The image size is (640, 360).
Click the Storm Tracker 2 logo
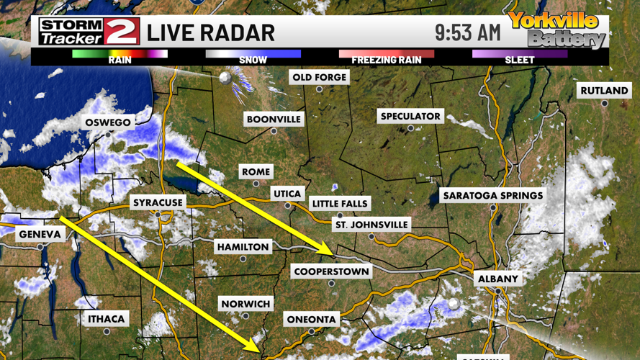click(x=89, y=31)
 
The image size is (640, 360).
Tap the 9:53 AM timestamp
click(x=467, y=32)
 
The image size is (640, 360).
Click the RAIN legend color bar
click(x=120, y=54)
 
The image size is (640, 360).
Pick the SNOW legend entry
click(x=253, y=54)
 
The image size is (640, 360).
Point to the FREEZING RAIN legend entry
click(x=387, y=54)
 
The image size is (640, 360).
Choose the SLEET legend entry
click(x=519, y=54)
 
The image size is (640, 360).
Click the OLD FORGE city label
click(x=319, y=77)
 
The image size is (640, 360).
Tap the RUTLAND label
click(x=604, y=91)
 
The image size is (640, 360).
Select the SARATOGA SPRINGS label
click(x=493, y=195)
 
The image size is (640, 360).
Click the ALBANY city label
click(x=497, y=279)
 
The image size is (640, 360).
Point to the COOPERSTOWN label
click(x=331, y=271)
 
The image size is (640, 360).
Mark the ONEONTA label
click(x=312, y=319)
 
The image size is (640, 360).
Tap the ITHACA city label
click(x=107, y=319)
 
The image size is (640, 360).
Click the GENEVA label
click(x=40, y=235)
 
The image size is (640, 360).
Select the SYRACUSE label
click(x=158, y=203)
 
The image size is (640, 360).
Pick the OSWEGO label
click(x=108, y=122)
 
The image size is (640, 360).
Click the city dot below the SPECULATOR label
click(x=410, y=128)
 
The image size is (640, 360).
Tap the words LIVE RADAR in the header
click(x=211, y=33)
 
